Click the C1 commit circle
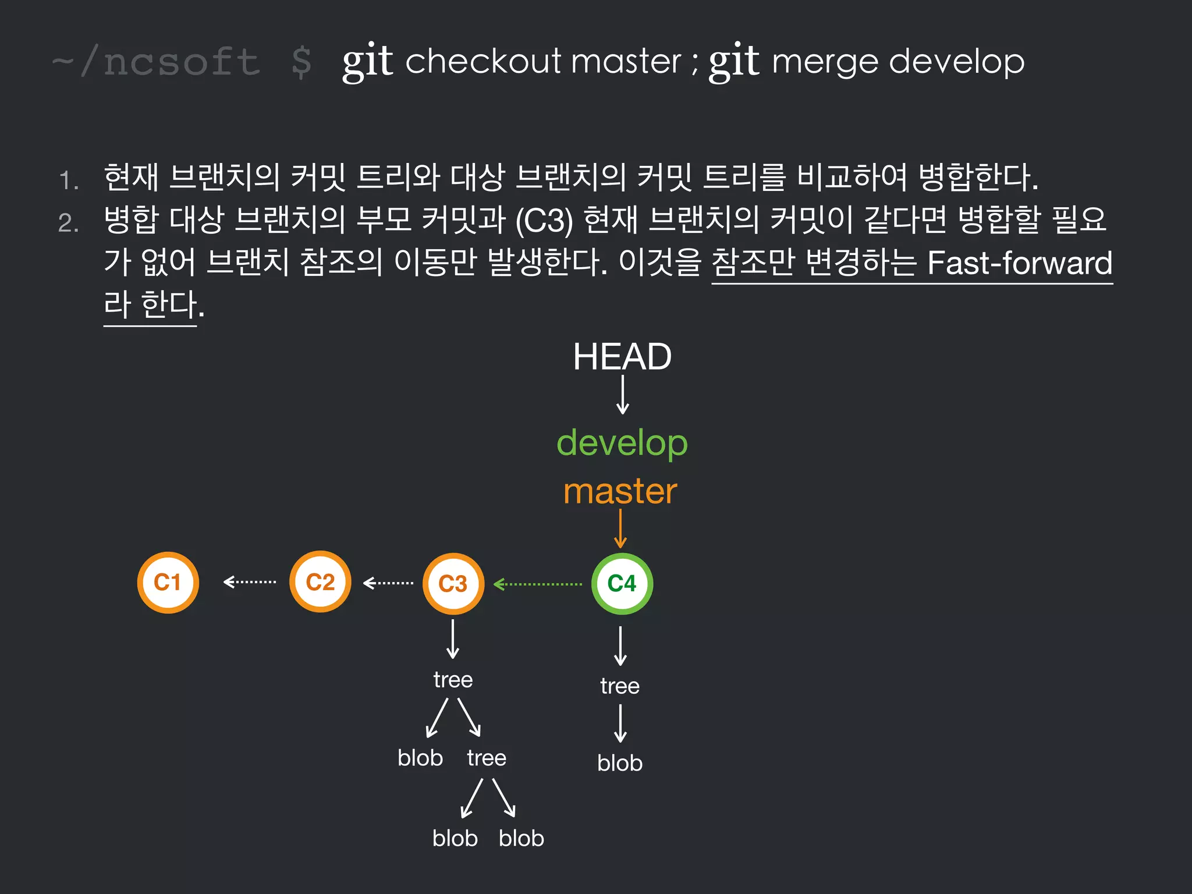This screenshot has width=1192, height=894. tap(168, 582)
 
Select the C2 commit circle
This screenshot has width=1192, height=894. tap(320, 581)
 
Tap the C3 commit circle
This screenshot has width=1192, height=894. tap(453, 583)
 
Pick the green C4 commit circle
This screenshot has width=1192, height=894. tap(622, 583)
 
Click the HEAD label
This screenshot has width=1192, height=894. tap(622, 356)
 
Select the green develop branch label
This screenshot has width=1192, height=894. tap(622, 443)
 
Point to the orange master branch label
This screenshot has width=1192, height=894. tap(620, 491)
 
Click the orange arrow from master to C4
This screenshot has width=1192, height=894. tap(620, 528)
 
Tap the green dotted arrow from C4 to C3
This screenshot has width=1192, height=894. tap(538, 584)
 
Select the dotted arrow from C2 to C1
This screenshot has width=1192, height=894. tap(250, 581)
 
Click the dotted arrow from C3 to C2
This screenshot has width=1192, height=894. tap(388, 583)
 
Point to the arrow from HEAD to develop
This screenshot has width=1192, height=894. tap(622, 395)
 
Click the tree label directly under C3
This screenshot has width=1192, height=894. tap(453, 680)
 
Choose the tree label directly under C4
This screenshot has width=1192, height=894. tap(620, 686)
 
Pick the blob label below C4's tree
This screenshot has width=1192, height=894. tap(620, 763)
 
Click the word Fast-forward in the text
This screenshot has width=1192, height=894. tap(1019, 262)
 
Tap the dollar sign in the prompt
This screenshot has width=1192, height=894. tap(301, 62)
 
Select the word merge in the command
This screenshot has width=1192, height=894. tap(824, 62)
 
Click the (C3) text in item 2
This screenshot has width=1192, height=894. tap(544, 221)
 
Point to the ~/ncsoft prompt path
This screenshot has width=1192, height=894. tap(156, 62)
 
